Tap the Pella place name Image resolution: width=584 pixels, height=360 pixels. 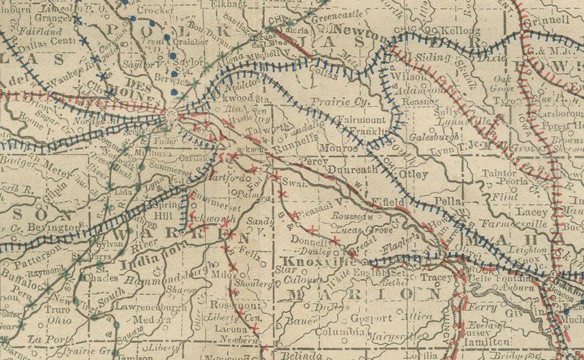(449, 199)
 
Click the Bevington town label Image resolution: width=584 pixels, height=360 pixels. (52, 229)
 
